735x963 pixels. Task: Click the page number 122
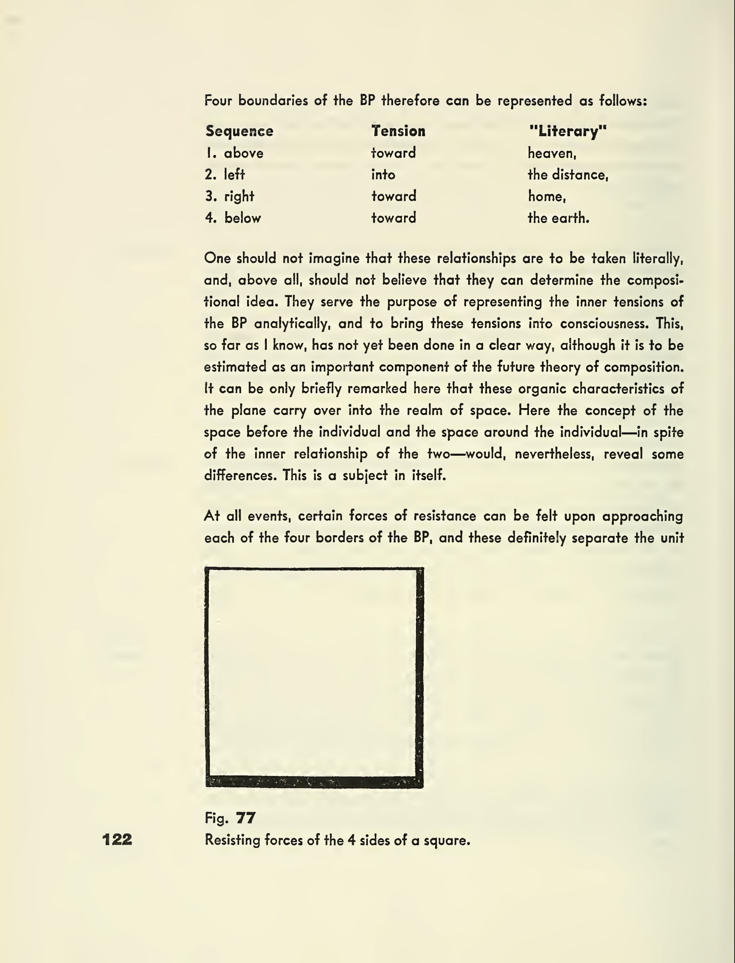[117, 839]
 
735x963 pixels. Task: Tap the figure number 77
[245, 817]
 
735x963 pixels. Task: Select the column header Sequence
[239, 131]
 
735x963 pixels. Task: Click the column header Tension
[398, 131]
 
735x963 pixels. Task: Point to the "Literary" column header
[568, 131]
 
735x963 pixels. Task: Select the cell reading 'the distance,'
[568, 175]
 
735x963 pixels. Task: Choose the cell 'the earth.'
[558, 218]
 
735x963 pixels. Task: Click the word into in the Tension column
[383, 175]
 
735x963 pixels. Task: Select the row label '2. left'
[225, 175]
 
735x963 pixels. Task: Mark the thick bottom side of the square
[314, 782]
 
